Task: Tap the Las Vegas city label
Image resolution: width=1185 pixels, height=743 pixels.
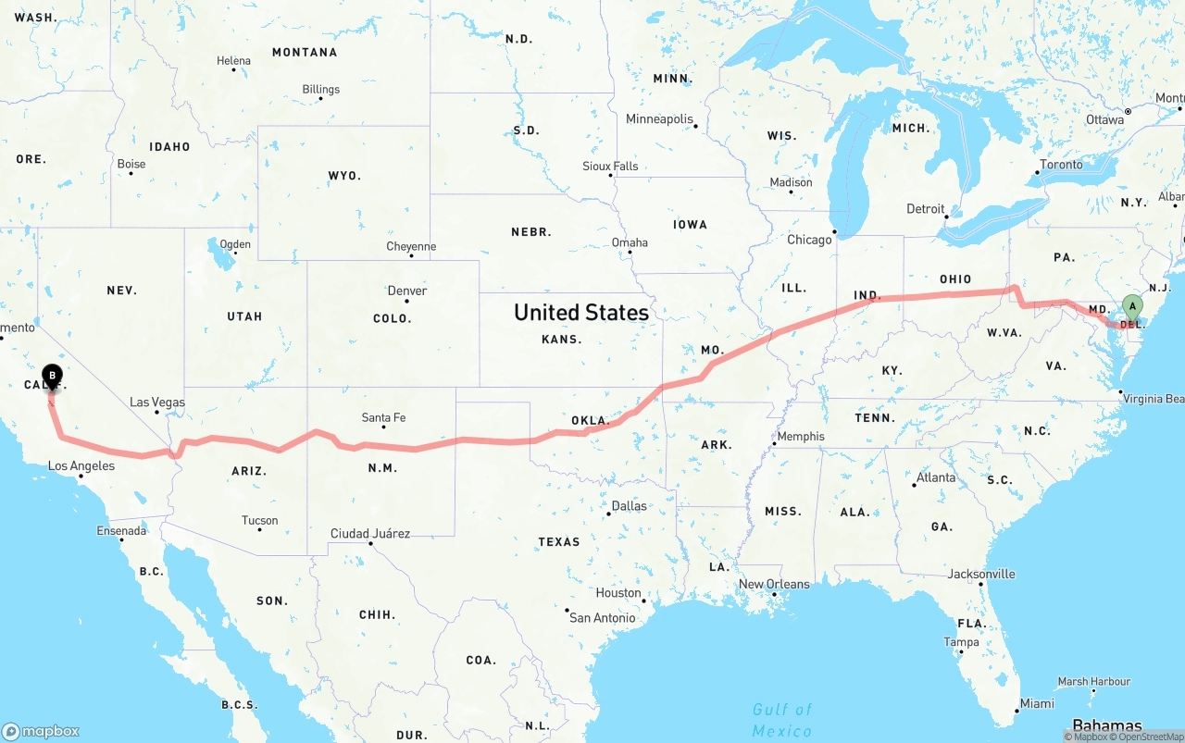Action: pos(157,402)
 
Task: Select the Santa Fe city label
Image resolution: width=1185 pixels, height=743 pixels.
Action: pos(383,418)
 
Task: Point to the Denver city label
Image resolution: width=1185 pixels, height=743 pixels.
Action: pos(407,291)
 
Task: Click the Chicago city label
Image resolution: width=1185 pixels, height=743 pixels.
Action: pos(810,240)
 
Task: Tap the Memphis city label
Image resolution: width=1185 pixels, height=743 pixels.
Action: pos(801,437)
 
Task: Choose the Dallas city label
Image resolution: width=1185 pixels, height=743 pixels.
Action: pos(630,506)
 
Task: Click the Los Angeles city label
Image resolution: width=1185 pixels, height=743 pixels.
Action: pos(81,465)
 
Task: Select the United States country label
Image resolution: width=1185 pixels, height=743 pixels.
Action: pos(581,313)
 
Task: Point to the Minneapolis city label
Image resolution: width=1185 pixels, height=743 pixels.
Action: pos(659,119)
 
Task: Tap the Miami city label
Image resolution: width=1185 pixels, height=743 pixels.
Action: pos(1037,703)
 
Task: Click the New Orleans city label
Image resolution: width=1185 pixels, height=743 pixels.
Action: pos(774,584)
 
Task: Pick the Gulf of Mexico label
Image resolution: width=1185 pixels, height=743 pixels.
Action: pos(782,720)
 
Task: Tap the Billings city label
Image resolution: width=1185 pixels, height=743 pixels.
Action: pos(321,90)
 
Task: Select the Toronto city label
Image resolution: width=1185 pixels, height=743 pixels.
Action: pos(1061,165)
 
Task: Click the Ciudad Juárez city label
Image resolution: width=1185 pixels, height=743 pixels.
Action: pos(370,534)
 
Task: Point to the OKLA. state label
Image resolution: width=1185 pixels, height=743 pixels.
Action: pos(591,421)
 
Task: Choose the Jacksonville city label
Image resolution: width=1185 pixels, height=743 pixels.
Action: pos(981,574)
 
